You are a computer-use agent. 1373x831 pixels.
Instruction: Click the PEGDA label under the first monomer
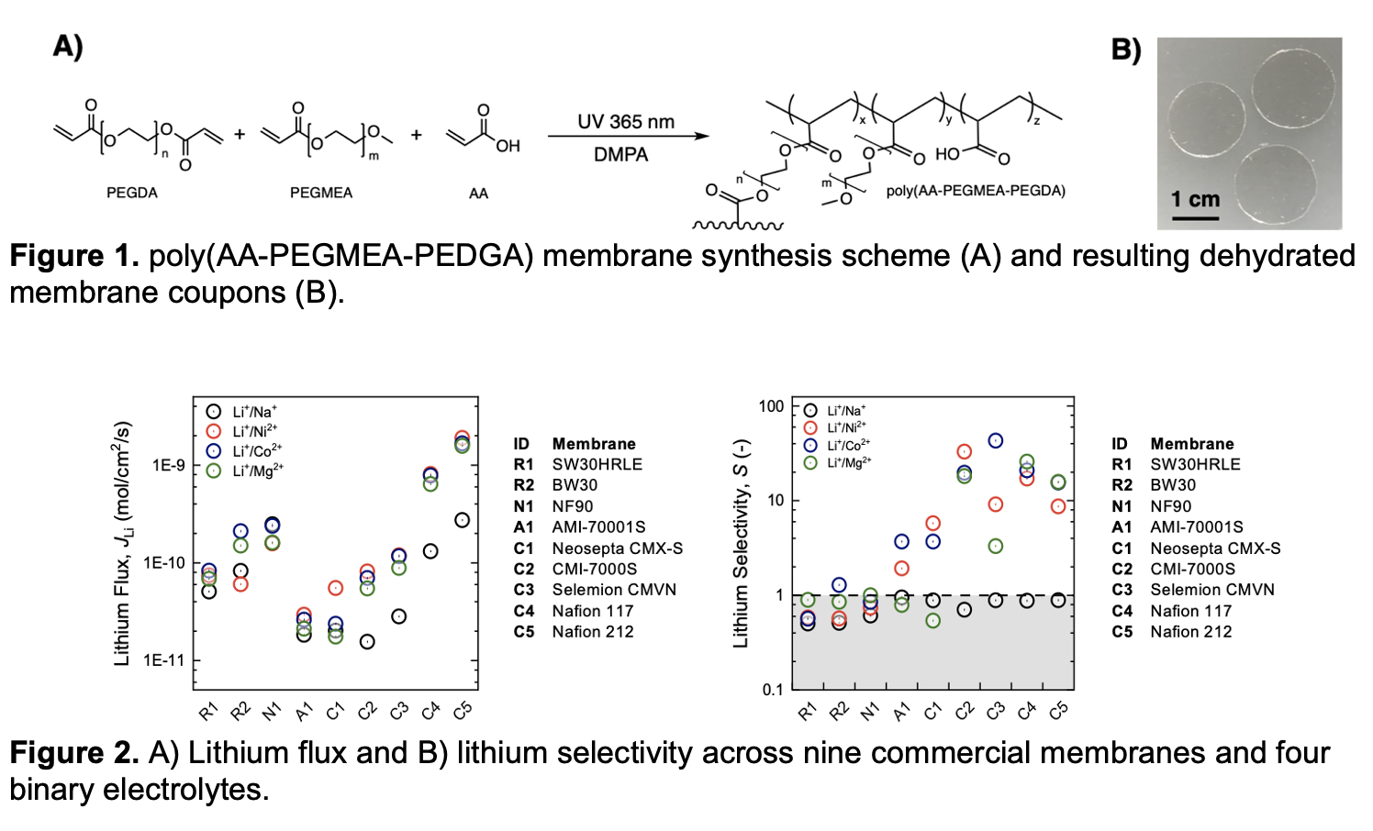tap(132, 193)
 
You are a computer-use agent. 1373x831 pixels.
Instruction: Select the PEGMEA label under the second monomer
tap(321, 193)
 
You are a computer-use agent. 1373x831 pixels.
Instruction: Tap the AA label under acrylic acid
tap(478, 194)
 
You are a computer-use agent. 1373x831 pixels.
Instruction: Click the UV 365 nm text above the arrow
tap(626, 122)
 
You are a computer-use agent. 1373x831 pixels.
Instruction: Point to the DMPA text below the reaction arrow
tap(621, 155)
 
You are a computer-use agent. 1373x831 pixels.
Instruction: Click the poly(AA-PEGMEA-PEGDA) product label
tap(976, 191)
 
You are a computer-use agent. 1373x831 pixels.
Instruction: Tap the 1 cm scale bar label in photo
tap(1195, 199)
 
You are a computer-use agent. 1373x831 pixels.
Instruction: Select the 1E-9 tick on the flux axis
tap(169, 465)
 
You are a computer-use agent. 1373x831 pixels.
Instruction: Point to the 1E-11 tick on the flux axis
tap(164, 660)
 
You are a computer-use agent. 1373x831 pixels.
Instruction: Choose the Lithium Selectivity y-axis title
tap(741, 544)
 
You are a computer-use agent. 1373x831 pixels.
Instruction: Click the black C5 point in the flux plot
tap(462, 520)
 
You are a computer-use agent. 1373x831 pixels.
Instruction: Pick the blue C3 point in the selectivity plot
tap(996, 441)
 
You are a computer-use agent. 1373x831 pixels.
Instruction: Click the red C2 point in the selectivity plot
tap(964, 451)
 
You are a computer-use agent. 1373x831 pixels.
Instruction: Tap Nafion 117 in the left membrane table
tap(592, 611)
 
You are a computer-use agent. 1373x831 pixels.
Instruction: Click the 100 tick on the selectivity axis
tap(772, 405)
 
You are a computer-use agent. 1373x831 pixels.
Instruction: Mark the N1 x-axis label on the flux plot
tap(272, 711)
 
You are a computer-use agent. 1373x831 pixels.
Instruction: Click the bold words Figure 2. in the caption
tap(74, 753)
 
